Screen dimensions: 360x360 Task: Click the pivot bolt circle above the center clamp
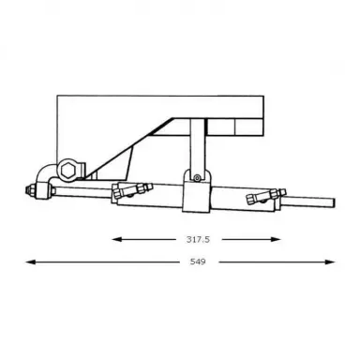coord(196,175)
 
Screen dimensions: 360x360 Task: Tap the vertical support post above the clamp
coord(196,145)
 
